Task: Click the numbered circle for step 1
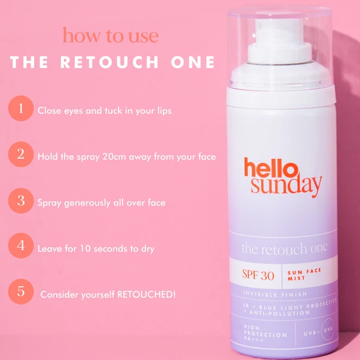coord(22,109)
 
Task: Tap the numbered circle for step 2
coord(22,155)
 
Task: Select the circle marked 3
coord(22,201)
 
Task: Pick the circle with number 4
coord(22,247)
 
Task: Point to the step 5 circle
coord(22,291)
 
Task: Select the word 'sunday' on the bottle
coord(283,186)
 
